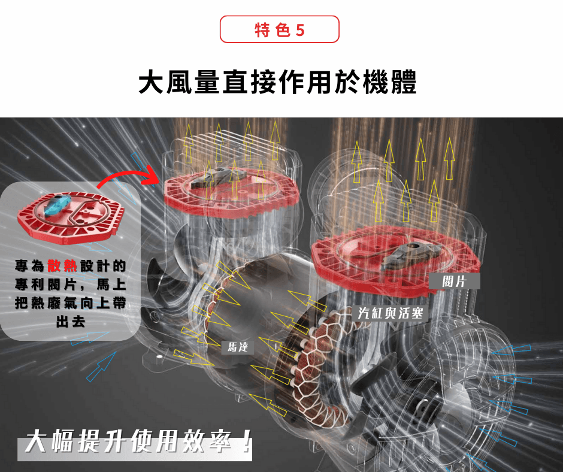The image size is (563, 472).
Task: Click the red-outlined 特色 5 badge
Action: point(279,29)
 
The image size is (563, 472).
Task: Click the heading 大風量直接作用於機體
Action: point(277,82)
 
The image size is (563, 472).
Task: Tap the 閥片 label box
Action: point(454,282)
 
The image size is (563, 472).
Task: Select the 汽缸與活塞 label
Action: point(391,313)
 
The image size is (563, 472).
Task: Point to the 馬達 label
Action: point(237,347)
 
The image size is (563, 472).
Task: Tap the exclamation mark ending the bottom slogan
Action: point(246,441)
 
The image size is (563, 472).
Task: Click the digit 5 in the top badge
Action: point(300,30)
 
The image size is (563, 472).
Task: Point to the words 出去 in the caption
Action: point(71,322)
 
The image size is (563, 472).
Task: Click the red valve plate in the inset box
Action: point(71,218)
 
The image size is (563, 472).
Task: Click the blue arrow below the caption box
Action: point(101,367)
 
